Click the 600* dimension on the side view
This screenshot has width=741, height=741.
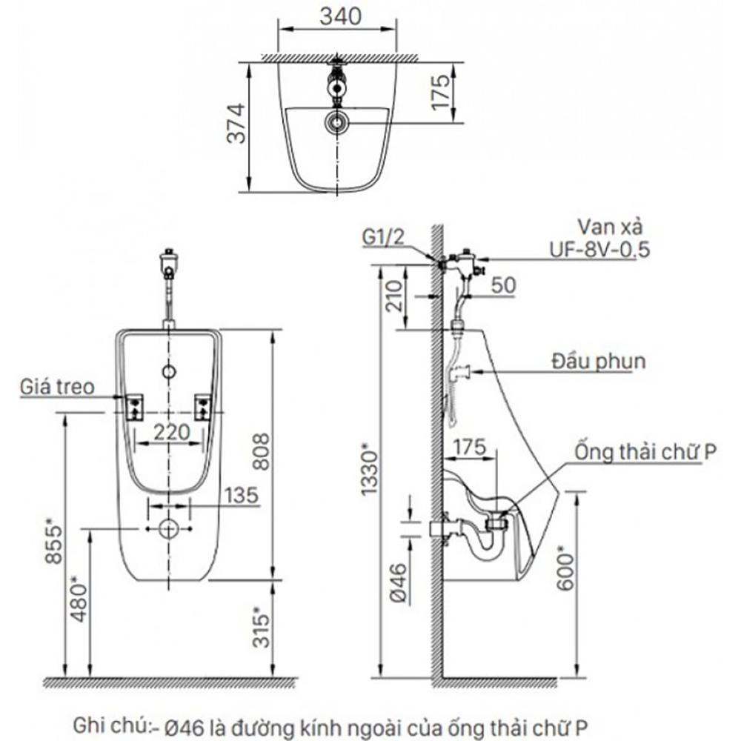565,568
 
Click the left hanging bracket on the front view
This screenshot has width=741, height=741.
135,406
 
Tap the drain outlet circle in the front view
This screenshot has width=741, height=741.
170,528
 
